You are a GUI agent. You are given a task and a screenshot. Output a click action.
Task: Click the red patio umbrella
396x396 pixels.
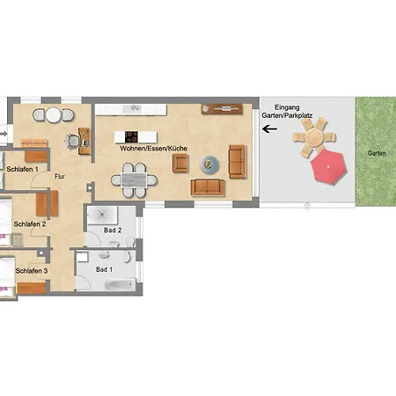pyautogui.click(x=328, y=167)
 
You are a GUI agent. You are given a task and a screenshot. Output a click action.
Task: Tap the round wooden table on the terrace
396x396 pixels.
pyautogui.click(x=313, y=137)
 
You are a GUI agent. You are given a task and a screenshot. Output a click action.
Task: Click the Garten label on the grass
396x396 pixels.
pyautogui.click(x=377, y=153)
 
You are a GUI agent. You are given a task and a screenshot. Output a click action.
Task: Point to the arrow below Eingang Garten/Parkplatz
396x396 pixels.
pyautogui.click(x=269, y=128)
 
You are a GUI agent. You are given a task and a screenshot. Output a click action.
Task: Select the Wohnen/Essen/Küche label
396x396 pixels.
pyautogui.click(x=153, y=149)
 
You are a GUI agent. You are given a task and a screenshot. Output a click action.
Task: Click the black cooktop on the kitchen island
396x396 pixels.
pyautogui.click(x=131, y=137)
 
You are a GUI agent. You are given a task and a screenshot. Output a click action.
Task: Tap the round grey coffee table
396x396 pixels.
pyautogui.click(x=209, y=165)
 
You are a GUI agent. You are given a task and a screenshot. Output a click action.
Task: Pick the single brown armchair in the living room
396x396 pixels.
pyautogui.click(x=180, y=163)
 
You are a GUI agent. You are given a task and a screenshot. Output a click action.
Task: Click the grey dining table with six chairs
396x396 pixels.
pyautogui.click(x=134, y=180)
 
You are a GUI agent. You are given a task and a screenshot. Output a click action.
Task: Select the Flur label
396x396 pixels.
pyautogui.click(x=60, y=176)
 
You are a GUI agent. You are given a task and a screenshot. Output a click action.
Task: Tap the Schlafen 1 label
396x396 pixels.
pyautogui.click(x=22, y=169)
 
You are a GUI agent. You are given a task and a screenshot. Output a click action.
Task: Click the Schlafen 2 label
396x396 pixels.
pyautogui.click(x=30, y=224)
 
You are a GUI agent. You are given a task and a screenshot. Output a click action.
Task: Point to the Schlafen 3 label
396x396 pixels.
pyautogui.click(x=32, y=271)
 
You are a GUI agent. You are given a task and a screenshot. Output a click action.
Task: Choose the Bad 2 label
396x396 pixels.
pyautogui.click(x=113, y=231)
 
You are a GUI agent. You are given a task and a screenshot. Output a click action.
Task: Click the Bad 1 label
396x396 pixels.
pyautogui.click(x=104, y=269)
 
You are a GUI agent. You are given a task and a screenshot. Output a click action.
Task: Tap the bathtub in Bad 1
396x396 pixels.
pyautogui.click(x=121, y=284)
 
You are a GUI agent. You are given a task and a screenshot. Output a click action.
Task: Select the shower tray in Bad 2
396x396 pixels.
pyautogui.click(x=102, y=215)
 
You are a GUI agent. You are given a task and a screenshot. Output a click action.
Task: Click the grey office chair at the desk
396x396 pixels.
pyautogui.click(x=72, y=141)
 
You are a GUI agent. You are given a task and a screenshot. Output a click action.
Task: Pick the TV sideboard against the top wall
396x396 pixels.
pyautogui.click(x=222, y=109)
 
